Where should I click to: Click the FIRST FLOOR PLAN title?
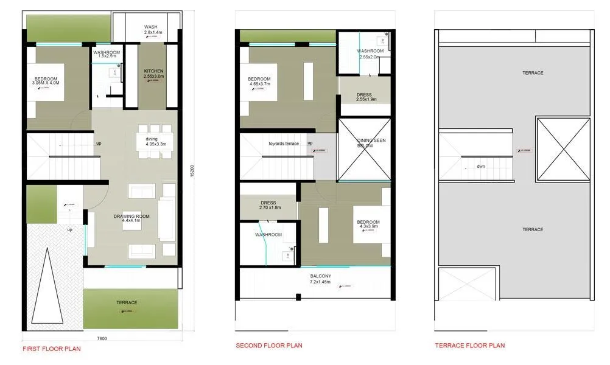[51, 349]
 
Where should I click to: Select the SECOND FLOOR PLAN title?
[268, 346]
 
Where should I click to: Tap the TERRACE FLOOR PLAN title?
[469, 346]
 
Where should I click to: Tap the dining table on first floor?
[152, 141]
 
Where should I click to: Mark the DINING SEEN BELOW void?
[364, 150]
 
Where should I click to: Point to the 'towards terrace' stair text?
[284, 144]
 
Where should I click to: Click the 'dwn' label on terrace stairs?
[481, 165]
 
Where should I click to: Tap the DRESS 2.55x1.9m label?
[363, 97]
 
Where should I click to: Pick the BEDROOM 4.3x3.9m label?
[368, 224]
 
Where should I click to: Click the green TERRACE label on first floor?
[127, 302]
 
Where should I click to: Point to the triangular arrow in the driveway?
[46, 286]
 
